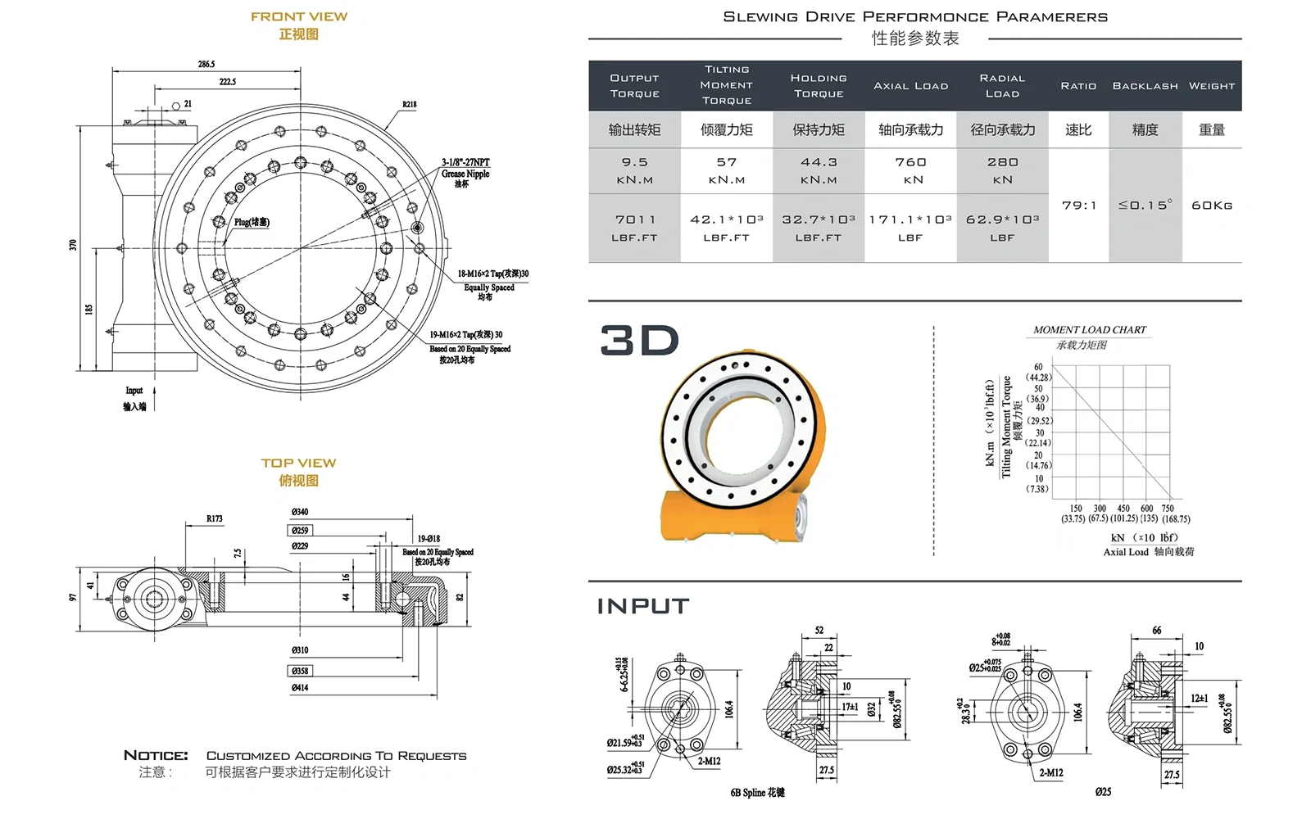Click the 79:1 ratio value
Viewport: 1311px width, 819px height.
pos(1078,206)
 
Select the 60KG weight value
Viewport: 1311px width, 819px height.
pos(1212,206)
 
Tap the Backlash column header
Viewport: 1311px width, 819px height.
pos(1145,86)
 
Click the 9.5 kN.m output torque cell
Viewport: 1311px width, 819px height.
pos(634,170)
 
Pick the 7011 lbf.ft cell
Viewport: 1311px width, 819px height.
pos(635,228)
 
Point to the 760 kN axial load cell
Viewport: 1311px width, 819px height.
pos(910,170)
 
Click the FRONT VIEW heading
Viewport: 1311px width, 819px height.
pos(299,16)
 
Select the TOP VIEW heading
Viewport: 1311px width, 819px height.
pos(299,463)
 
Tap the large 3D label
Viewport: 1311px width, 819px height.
pos(640,341)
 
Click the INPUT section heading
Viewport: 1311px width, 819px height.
pos(643,606)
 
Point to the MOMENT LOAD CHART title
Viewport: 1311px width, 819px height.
pos(1090,330)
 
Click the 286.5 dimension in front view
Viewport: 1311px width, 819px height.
pos(206,64)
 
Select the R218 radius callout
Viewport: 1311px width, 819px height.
pos(409,105)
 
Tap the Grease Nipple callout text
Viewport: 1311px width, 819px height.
pos(465,174)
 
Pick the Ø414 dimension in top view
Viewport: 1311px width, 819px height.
pos(300,688)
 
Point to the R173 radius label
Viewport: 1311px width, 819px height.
pos(215,518)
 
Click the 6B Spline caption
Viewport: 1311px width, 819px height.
pos(757,792)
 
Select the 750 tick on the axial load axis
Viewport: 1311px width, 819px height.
pos(1168,509)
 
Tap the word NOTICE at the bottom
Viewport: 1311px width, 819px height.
pos(156,755)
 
